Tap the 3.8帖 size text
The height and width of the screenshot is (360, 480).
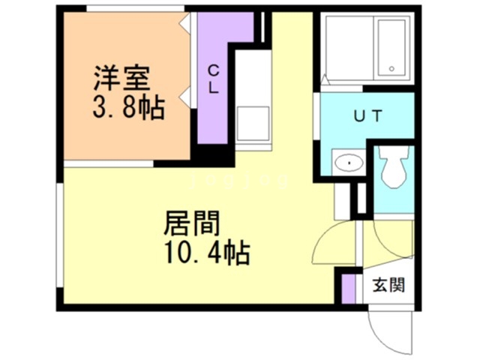pyautogui.click(x=128, y=109)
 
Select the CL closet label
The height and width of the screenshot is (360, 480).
pyautogui.click(x=214, y=79)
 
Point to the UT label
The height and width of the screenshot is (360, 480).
pyautogui.click(x=368, y=116)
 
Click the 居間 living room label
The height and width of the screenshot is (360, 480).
pyautogui.click(x=192, y=223)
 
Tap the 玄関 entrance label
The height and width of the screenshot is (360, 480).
pyautogui.click(x=390, y=285)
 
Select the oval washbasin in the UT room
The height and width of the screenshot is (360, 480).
pyautogui.click(x=347, y=161)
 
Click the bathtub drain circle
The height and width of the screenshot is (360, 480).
pyautogui.click(x=391, y=69)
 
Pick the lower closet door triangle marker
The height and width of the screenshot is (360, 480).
pyautogui.click(x=183, y=94)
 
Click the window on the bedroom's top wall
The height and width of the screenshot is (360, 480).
pyautogui.click(x=135, y=8)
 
